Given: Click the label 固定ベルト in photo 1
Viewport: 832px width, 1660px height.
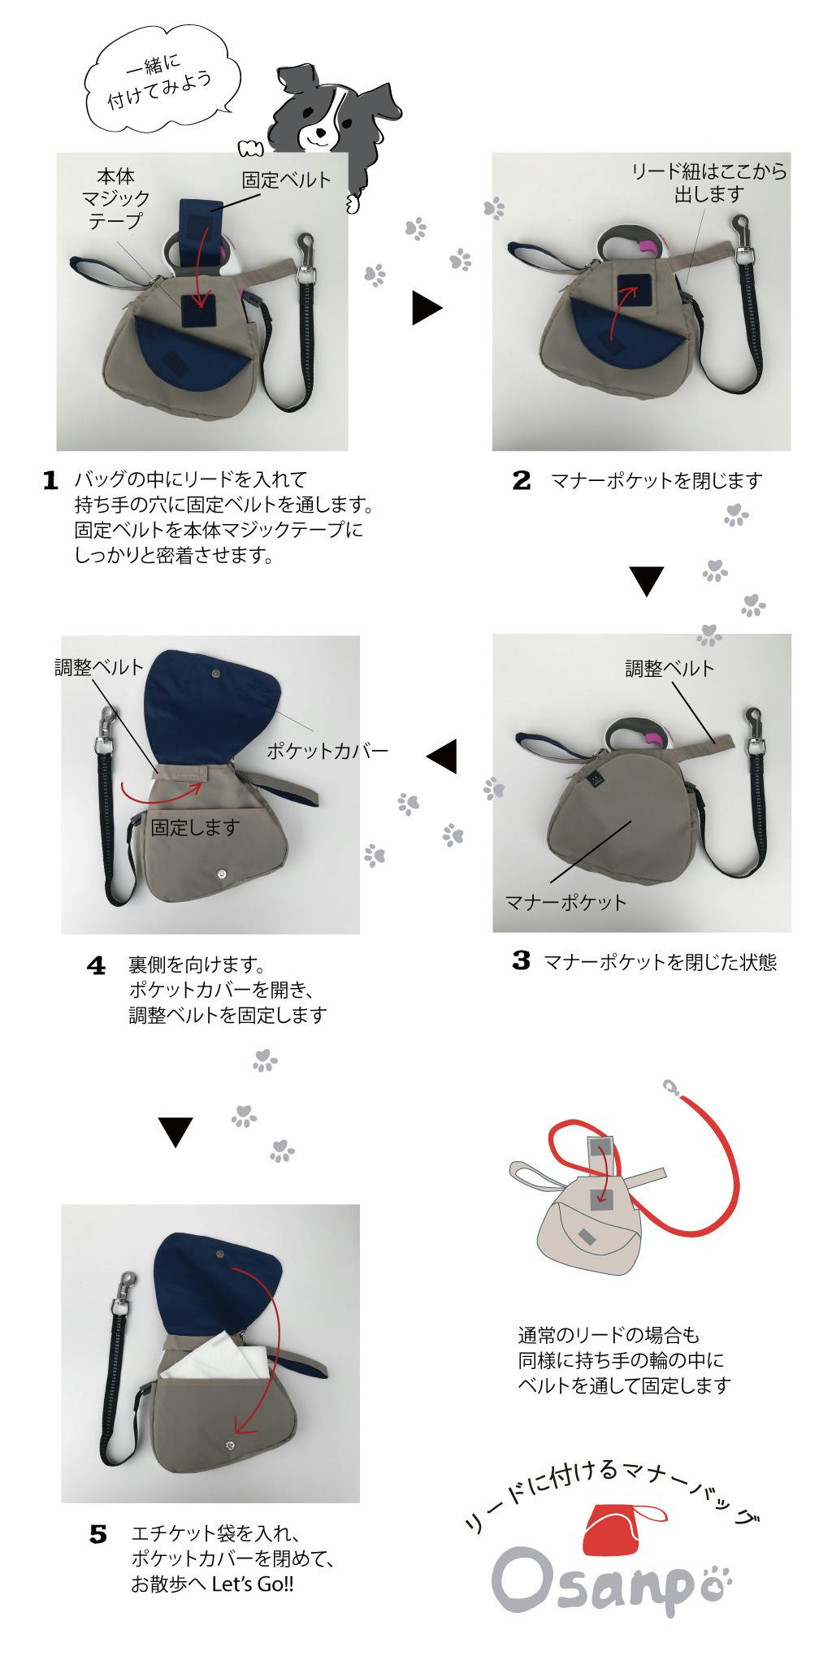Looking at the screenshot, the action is click(x=286, y=180).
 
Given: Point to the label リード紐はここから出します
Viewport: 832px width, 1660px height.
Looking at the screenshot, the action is click(x=708, y=182).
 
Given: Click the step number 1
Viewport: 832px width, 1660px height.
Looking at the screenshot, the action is click(x=50, y=480).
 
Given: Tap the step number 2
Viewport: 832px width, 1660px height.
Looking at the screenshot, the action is click(x=522, y=480).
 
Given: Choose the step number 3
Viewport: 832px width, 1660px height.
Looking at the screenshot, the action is click(x=522, y=961).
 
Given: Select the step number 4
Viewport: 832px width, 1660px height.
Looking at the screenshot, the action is click(x=97, y=966).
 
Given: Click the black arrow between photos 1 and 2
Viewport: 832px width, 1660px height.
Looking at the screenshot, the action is click(x=427, y=309).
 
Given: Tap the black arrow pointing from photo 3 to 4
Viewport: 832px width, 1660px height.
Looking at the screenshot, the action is click(x=441, y=756).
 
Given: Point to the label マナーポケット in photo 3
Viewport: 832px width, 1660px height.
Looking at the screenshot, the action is click(x=565, y=902).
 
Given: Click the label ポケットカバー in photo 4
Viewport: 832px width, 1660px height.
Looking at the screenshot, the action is click(x=327, y=750).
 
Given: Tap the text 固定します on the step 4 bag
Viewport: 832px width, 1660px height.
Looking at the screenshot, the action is click(x=196, y=827).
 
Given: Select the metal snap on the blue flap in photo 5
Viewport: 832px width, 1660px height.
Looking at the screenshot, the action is click(x=223, y=1255).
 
